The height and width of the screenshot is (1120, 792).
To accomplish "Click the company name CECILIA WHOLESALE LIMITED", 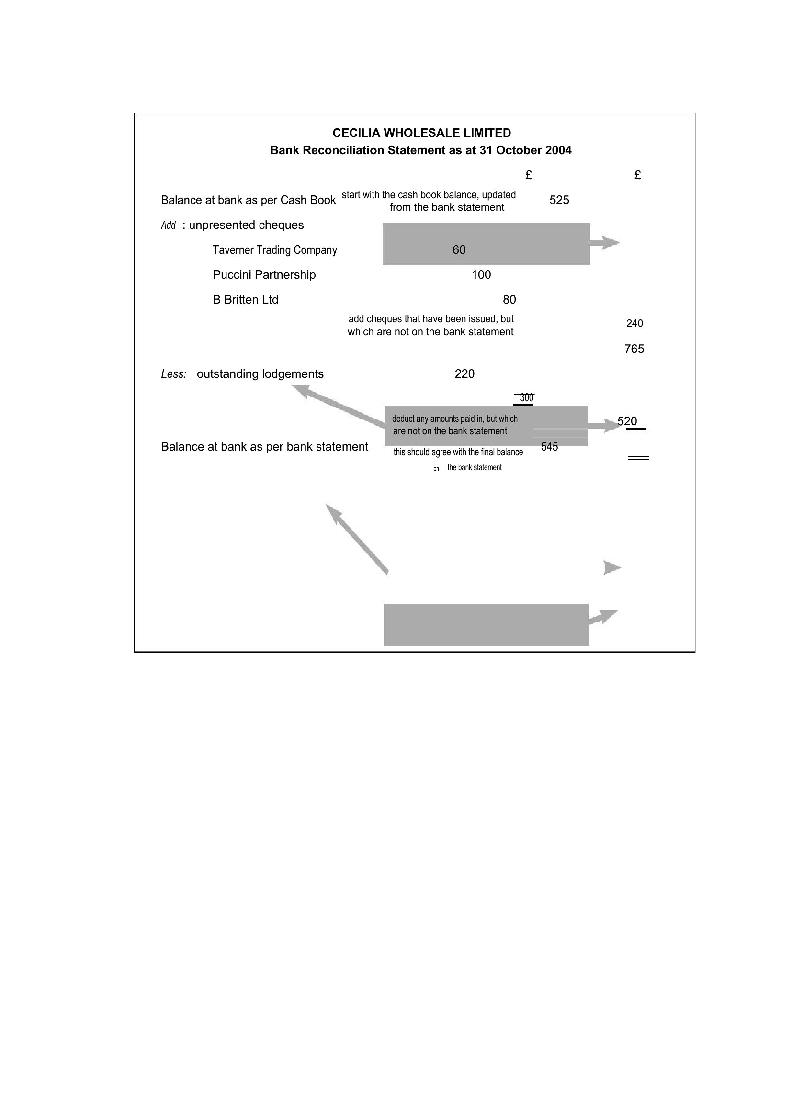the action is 421,133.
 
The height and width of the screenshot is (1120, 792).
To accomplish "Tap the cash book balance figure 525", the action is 559,200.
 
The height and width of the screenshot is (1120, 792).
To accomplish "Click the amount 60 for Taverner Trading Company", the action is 459,250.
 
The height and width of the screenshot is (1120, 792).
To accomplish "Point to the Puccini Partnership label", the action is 264,275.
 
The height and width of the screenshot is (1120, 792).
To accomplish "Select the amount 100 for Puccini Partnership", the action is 481,275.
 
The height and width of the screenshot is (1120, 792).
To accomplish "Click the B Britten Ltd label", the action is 245,299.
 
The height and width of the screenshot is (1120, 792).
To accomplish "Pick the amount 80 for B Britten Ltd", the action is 509,299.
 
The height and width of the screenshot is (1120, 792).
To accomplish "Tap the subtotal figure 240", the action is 634,323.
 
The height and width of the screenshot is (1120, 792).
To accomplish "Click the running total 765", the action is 634,349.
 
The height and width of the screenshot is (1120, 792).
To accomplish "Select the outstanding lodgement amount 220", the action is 464,373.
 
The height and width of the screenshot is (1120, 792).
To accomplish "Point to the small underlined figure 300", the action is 527,398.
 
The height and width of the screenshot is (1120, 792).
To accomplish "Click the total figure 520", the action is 627,421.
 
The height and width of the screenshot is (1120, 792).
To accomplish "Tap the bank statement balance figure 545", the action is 550,446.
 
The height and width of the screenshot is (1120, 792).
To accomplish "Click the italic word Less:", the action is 174,374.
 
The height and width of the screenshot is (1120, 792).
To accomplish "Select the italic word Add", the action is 168,226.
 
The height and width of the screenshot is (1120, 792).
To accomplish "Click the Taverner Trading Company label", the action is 274,250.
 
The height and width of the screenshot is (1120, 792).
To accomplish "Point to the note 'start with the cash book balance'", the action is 429,195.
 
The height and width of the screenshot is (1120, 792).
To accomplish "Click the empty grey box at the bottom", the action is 486,625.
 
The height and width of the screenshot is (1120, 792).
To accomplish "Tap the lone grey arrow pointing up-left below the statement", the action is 357,539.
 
